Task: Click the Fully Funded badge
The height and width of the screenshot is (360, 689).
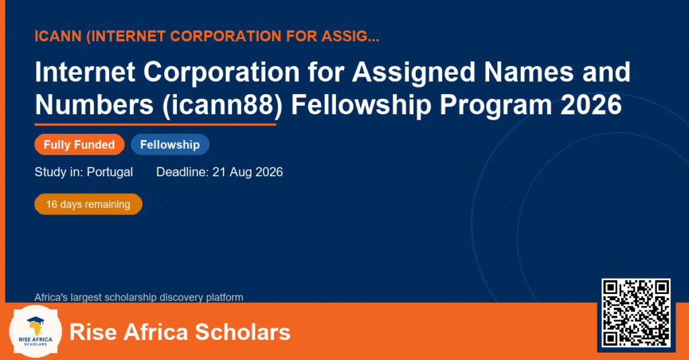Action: click(x=79, y=145)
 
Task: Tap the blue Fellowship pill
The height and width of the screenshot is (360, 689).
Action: click(x=170, y=145)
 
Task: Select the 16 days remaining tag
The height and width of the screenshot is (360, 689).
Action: click(x=88, y=205)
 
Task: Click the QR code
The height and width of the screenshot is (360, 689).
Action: click(x=636, y=312)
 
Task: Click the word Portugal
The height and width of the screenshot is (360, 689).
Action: click(x=110, y=172)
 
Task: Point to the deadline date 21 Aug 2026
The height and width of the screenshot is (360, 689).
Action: click(x=248, y=172)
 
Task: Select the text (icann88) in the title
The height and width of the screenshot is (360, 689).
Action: click(x=222, y=106)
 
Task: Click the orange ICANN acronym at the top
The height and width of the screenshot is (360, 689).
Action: click(x=58, y=36)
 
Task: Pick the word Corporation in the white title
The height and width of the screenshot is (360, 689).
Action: click(x=221, y=71)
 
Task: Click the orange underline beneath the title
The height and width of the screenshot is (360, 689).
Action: click(x=155, y=125)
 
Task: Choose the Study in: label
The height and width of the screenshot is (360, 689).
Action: click(x=59, y=172)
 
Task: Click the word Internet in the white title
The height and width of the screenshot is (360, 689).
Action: click(x=85, y=71)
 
